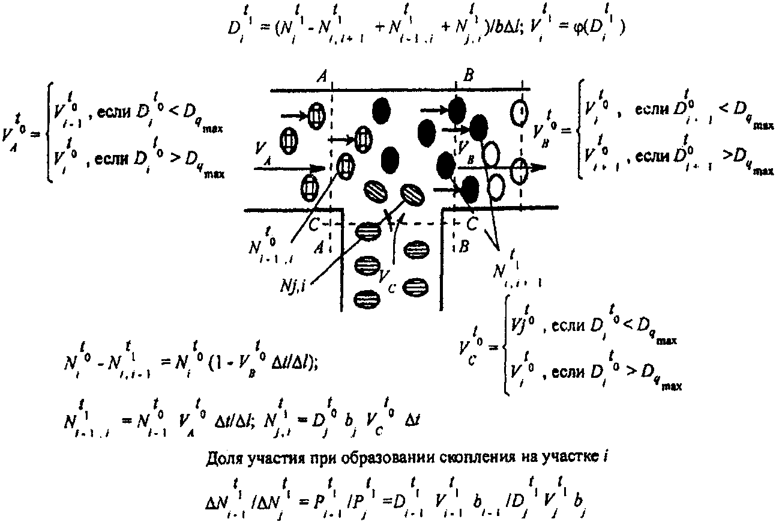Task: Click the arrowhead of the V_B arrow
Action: click(538, 168)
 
